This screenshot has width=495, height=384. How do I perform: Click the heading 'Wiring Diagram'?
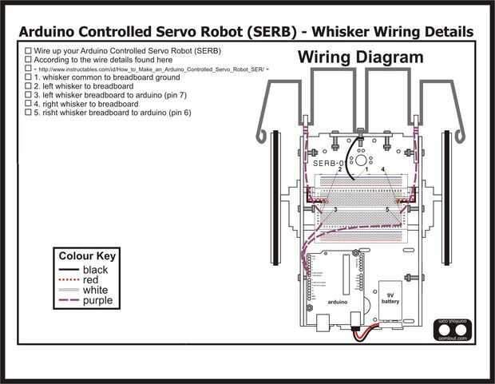pyautogui.click(x=361, y=57)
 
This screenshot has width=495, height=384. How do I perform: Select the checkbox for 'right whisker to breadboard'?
pyautogui.click(x=28, y=104)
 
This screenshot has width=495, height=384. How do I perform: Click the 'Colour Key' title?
pyautogui.click(x=87, y=256)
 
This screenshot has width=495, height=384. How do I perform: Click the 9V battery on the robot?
pyautogui.click(x=390, y=299)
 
